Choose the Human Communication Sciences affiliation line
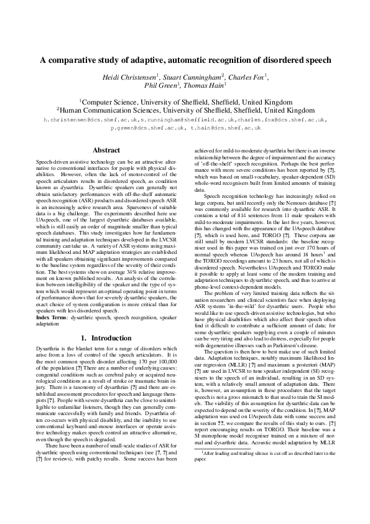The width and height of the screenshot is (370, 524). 185,108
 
